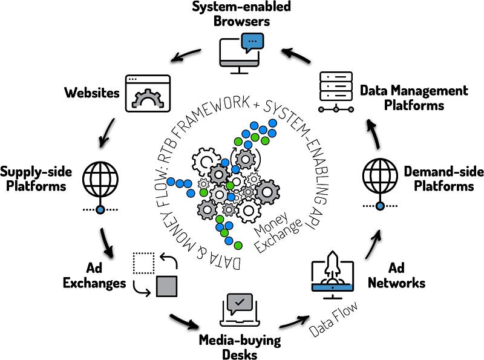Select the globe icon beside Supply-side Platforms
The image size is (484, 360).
pyautogui.click(x=100, y=178)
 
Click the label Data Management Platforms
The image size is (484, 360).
pyautogui.click(x=414, y=98)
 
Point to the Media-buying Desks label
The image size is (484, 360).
pyautogui.click(x=240, y=347)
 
